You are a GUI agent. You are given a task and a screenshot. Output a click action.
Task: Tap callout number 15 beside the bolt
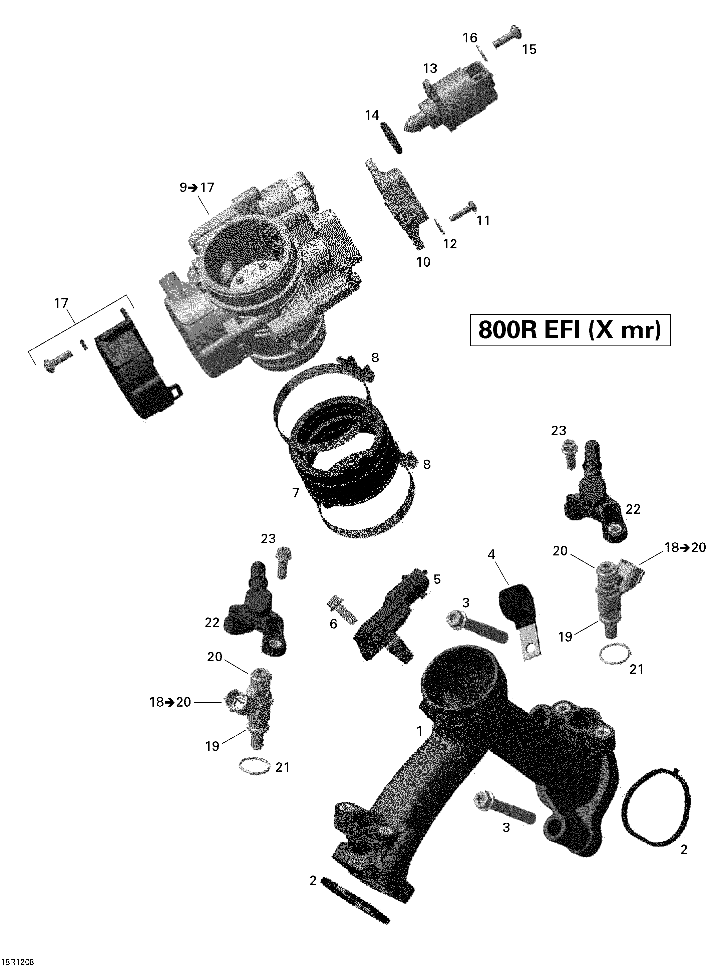(529, 50)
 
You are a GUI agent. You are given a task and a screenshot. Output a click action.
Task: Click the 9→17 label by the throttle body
(197, 188)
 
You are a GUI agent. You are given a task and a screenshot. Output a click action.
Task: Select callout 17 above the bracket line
(61, 303)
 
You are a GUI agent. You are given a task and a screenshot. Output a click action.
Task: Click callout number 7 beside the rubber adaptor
(295, 493)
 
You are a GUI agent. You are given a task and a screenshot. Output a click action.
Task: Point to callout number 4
(491, 555)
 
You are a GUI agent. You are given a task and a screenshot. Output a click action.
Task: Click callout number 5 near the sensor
(437, 579)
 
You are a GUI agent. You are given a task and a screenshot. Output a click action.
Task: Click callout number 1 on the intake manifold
(420, 731)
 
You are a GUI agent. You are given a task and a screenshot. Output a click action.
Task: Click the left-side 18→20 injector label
(170, 702)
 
